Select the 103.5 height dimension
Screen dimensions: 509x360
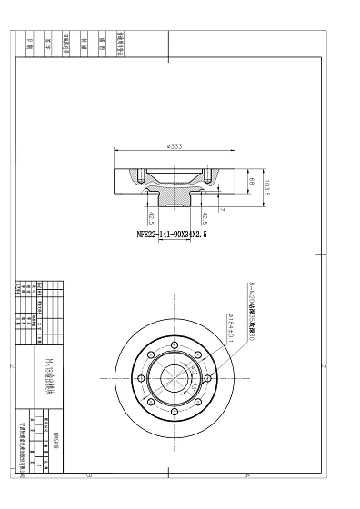(267, 185)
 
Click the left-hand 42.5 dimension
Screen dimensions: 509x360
(151, 218)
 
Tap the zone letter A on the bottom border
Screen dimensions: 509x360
(246, 474)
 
